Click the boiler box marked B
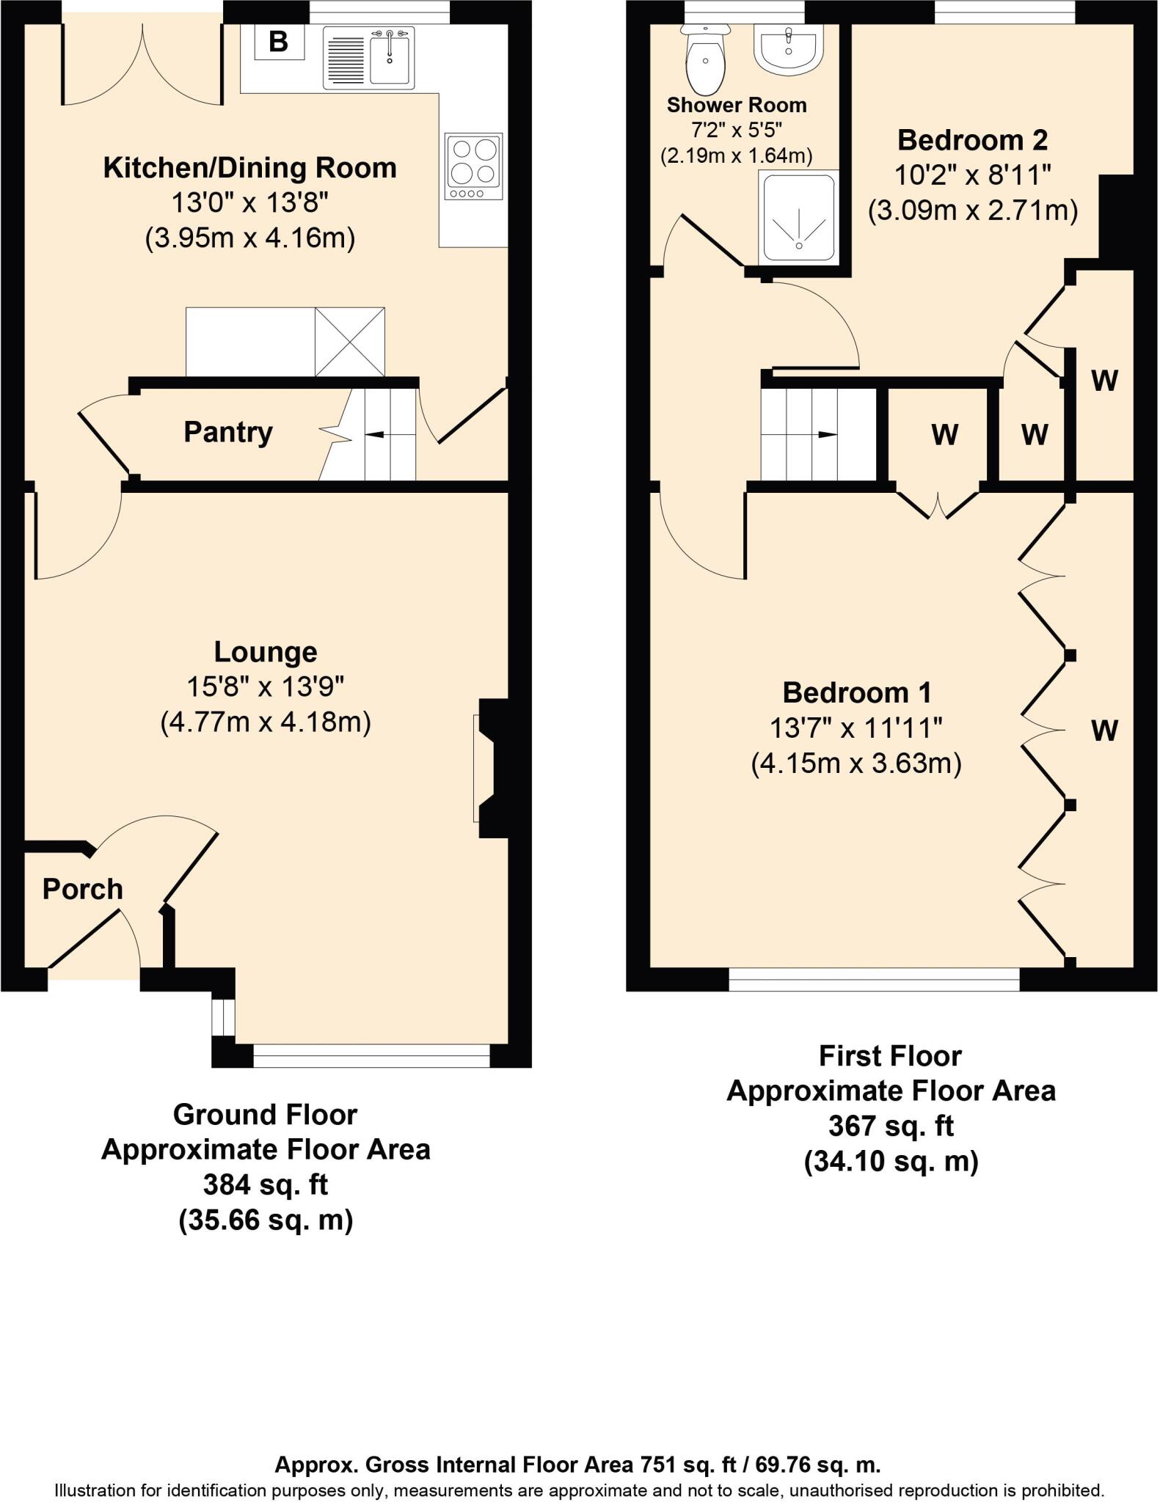point(279,41)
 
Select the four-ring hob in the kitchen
point(474,166)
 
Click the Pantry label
point(227,432)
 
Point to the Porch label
point(82,890)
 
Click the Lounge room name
point(266,651)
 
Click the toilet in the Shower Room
point(705,62)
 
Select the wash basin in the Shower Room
point(788,50)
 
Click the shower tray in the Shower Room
point(798,217)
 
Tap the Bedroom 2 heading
point(972,139)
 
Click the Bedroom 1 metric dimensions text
point(856,764)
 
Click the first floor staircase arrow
point(825,434)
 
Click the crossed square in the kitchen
point(350,342)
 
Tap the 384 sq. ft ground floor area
point(266,1184)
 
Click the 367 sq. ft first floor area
point(891,1126)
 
